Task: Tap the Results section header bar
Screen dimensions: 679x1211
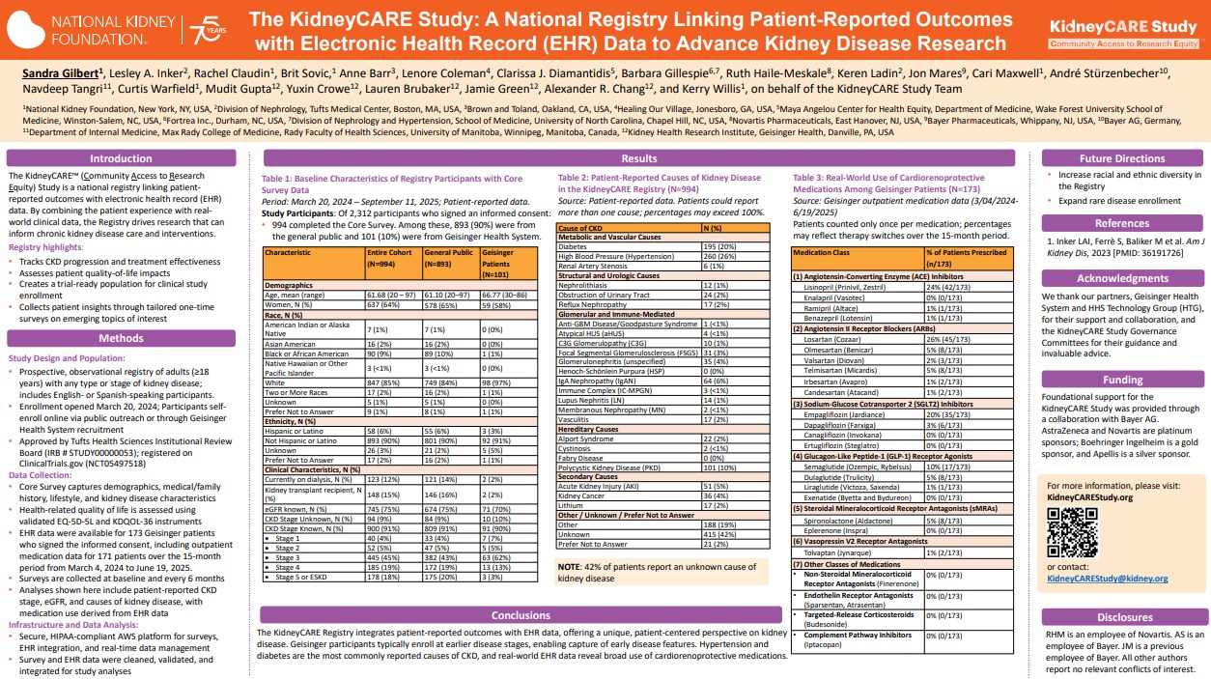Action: pyautogui.click(x=639, y=158)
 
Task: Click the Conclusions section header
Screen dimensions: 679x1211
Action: pyautogui.click(x=521, y=615)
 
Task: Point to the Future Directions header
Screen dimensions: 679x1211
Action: pyautogui.click(x=1123, y=158)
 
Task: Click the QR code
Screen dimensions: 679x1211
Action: pyautogui.click(x=1072, y=529)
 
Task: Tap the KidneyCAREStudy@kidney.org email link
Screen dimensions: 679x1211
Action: pyautogui.click(x=1108, y=579)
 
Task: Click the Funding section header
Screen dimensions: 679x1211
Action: pyautogui.click(x=1123, y=381)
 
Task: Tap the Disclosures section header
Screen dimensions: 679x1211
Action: pyautogui.click(x=1123, y=616)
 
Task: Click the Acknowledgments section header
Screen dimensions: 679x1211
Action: pyautogui.click(x=1123, y=278)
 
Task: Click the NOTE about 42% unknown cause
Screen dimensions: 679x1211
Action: pyautogui.click(x=657, y=572)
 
